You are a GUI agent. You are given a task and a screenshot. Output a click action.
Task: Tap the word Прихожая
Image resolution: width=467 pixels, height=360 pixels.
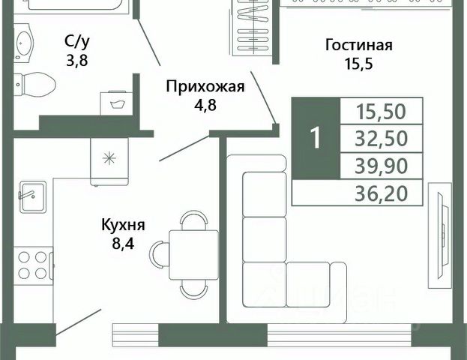pos(205,85)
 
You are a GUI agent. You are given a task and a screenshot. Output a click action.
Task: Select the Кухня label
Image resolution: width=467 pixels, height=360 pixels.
pos(124,224)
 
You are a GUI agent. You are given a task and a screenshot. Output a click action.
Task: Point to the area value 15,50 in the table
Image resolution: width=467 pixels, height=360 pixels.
pos(382,112)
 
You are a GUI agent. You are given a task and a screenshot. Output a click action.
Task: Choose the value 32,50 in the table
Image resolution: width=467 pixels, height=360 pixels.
pos(382,139)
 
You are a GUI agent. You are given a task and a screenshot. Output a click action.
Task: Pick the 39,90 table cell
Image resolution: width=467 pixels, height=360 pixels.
pos(382,166)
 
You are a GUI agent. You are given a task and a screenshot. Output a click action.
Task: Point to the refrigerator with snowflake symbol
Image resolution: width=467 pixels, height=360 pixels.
pos(109,159)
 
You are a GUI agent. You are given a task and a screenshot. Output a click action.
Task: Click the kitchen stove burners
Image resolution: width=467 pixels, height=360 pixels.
pos(31,265)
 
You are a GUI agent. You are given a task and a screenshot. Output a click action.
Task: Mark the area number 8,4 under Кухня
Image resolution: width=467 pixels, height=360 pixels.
pos(123,241)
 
